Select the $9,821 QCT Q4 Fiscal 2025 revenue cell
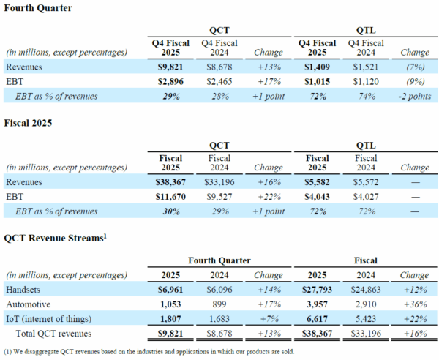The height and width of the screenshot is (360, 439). (169, 67)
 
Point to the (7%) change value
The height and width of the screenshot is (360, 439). (414, 67)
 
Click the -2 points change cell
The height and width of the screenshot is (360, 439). (414, 95)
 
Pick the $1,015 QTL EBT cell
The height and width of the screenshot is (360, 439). (317, 80)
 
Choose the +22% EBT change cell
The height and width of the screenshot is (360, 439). (268, 196)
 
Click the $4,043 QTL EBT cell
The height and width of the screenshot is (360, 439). (317, 196)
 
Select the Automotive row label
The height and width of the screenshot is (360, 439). (30, 304)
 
